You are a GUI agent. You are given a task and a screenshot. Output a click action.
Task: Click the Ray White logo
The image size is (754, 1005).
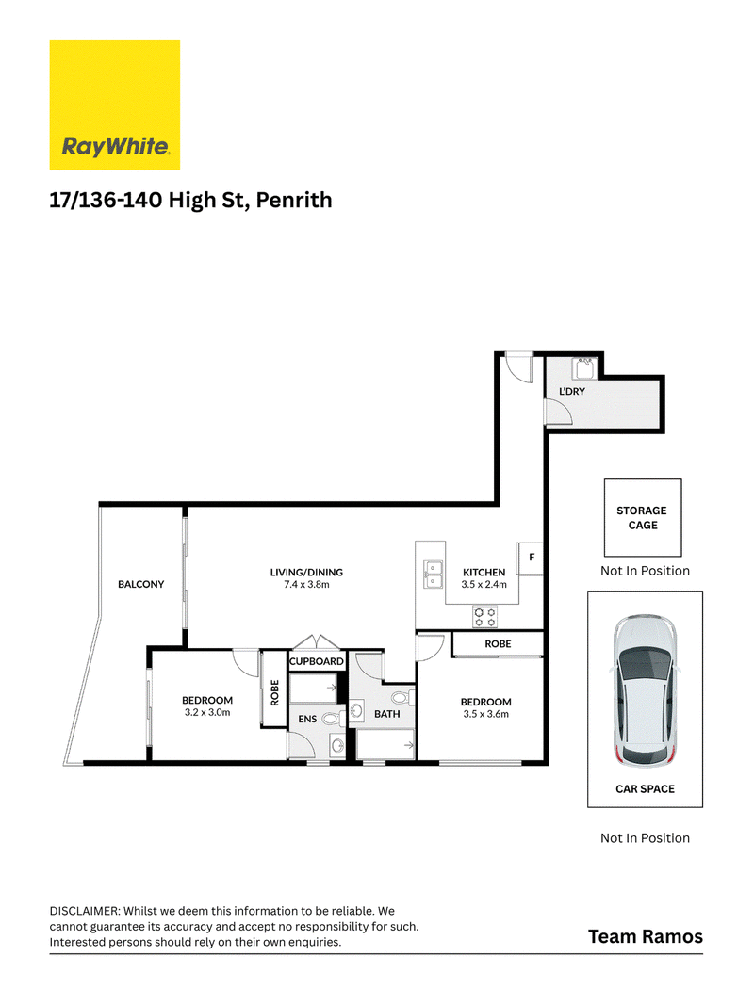pyautogui.click(x=115, y=105)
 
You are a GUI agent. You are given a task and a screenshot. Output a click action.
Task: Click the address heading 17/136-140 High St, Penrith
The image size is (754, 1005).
pyautogui.click(x=191, y=200)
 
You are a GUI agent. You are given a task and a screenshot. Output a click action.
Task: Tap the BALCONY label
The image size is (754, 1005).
pyautogui.click(x=141, y=584)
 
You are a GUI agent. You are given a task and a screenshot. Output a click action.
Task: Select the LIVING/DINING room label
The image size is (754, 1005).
pyautogui.click(x=306, y=573)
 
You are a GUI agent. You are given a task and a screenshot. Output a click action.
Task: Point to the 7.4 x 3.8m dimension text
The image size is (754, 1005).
pyautogui.click(x=306, y=585)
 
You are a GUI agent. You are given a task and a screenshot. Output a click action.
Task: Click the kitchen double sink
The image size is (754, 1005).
pyautogui.click(x=433, y=575)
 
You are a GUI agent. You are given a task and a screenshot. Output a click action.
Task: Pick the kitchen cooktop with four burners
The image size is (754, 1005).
pyautogui.click(x=485, y=617)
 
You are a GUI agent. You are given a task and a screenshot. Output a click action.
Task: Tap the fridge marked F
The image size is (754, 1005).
pyautogui.click(x=531, y=559)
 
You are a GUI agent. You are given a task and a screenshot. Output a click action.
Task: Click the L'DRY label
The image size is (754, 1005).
pyautogui.click(x=572, y=391)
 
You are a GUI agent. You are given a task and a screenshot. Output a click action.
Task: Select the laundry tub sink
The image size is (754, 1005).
pyautogui.click(x=584, y=369)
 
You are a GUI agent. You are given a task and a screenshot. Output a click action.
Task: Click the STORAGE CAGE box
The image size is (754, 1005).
pyautogui.click(x=643, y=518)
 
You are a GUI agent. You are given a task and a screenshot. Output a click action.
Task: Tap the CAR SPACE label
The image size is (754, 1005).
pyautogui.click(x=645, y=789)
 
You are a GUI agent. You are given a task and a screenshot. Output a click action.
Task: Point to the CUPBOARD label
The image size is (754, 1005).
pyautogui.click(x=317, y=661)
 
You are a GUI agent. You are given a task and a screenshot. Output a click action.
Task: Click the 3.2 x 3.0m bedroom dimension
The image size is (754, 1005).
pyautogui.click(x=207, y=712)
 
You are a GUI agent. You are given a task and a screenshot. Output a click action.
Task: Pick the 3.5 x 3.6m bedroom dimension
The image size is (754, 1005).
pyautogui.click(x=486, y=714)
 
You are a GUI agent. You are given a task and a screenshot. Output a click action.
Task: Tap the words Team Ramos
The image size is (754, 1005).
pyautogui.click(x=646, y=936)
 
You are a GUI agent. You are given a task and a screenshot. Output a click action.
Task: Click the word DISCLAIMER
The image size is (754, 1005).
pyautogui.click(x=85, y=911)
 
